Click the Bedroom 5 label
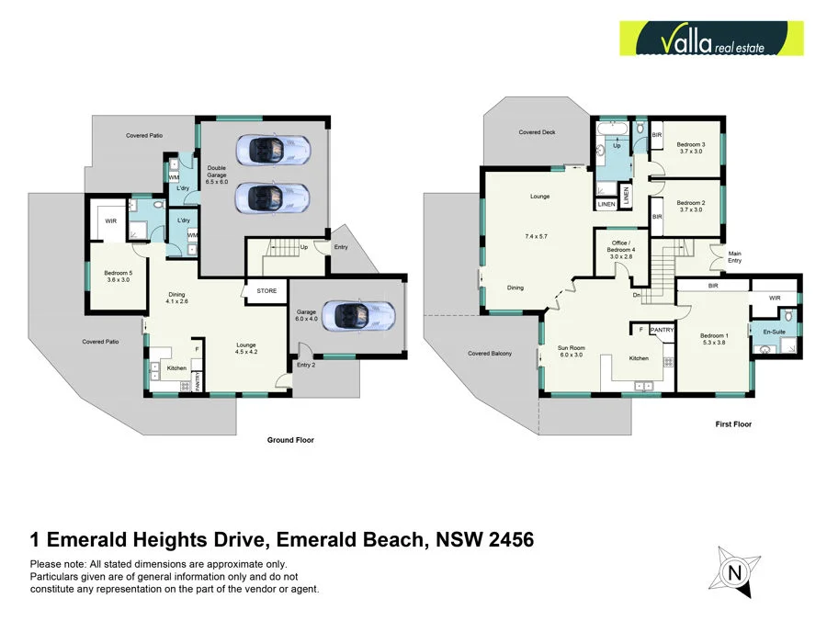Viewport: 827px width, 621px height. coord(118,273)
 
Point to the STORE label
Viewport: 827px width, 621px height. coord(266,291)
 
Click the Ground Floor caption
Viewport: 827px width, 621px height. coord(290,440)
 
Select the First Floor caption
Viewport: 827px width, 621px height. coord(733,424)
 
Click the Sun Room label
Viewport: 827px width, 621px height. coord(571,348)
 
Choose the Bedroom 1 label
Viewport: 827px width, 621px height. coord(714,335)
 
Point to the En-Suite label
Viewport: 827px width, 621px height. coord(769,330)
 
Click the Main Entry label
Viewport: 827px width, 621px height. coord(735,257)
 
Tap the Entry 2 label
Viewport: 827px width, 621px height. coord(305,365)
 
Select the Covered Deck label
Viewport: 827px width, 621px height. coord(537,132)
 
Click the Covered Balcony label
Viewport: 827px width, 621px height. coord(489,354)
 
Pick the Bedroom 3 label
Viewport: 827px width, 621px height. coord(691,144)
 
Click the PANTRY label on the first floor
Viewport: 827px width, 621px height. coord(661,329)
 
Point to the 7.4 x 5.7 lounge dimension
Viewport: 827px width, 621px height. coord(537,237)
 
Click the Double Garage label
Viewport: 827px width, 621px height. coord(217,172)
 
